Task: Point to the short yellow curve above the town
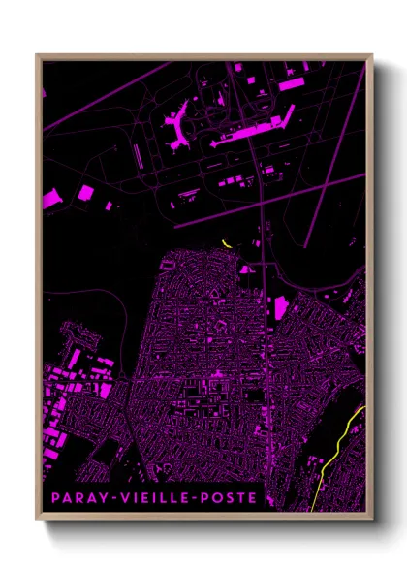(x=227, y=242)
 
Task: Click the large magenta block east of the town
(x=281, y=308)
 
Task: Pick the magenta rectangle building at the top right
(x=291, y=84)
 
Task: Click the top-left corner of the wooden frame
(x=37, y=55)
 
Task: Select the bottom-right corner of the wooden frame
(x=372, y=521)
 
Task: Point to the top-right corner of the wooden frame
(x=372, y=55)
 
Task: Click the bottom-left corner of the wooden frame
(x=37, y=521)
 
